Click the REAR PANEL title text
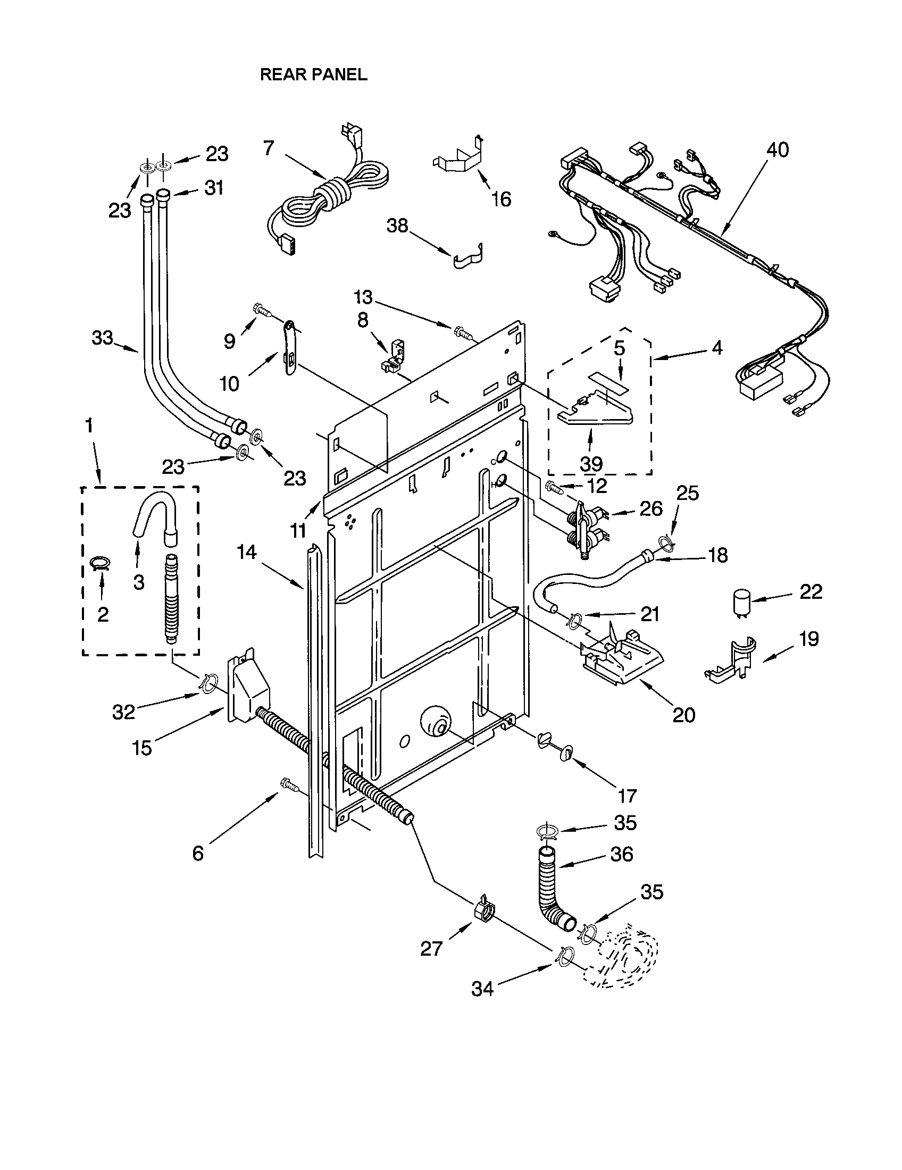pos(313,75)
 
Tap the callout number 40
pos(778,150)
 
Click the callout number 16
pos(502,199)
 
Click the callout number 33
pos(102,338)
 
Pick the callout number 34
pos(482,989)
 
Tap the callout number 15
pos(142,748)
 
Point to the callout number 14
pos(246,552)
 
